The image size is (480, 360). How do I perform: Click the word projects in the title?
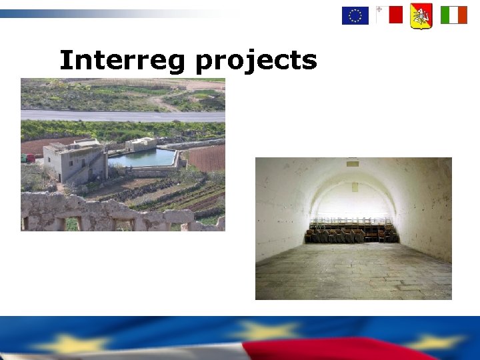click(256, 61)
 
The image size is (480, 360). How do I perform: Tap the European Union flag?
click(355, 15)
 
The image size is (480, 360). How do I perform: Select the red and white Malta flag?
click(389, 15)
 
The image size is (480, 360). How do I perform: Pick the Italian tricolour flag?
click(453, 15)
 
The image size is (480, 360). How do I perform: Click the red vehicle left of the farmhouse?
click(30, 158)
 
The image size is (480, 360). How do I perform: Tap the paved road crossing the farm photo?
click(123, 116)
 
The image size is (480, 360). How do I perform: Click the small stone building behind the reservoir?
click(141, 144)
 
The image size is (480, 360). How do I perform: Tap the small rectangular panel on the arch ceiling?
click(353, 164)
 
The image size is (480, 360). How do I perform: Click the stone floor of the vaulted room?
click(353, 270)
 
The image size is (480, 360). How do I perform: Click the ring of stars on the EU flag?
click(355, 15)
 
